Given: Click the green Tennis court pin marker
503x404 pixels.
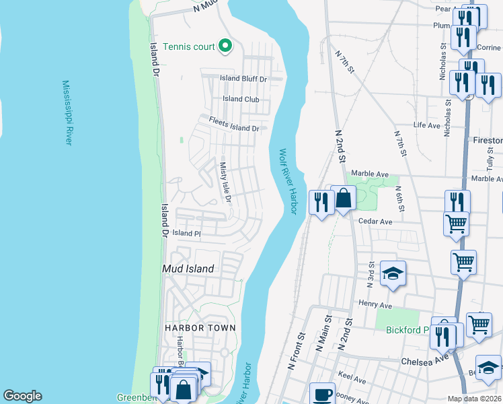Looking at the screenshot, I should (x=226, y=46).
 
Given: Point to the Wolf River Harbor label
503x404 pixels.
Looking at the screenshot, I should (x=288, y=182).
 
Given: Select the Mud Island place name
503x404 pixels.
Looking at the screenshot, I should (x=188, y=269).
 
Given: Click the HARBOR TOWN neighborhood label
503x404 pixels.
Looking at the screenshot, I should (x=200, y=328).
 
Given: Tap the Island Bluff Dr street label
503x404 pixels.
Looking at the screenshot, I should (x=244, y=79).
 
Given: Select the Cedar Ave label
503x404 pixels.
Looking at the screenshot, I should (x=375, y=222).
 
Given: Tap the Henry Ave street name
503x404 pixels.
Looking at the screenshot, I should (x=375, y=304).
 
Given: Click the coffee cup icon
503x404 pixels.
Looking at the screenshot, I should (x=322, y=394).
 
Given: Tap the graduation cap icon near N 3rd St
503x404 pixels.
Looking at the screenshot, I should (x=393, y=273).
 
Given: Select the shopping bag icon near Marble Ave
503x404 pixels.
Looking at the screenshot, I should (x=343, y=199).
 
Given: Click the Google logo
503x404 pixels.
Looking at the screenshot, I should (x=22, y=396).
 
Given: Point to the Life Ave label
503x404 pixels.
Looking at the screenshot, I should (x=426, y=125).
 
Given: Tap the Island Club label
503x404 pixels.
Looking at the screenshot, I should (x=241, y=100).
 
